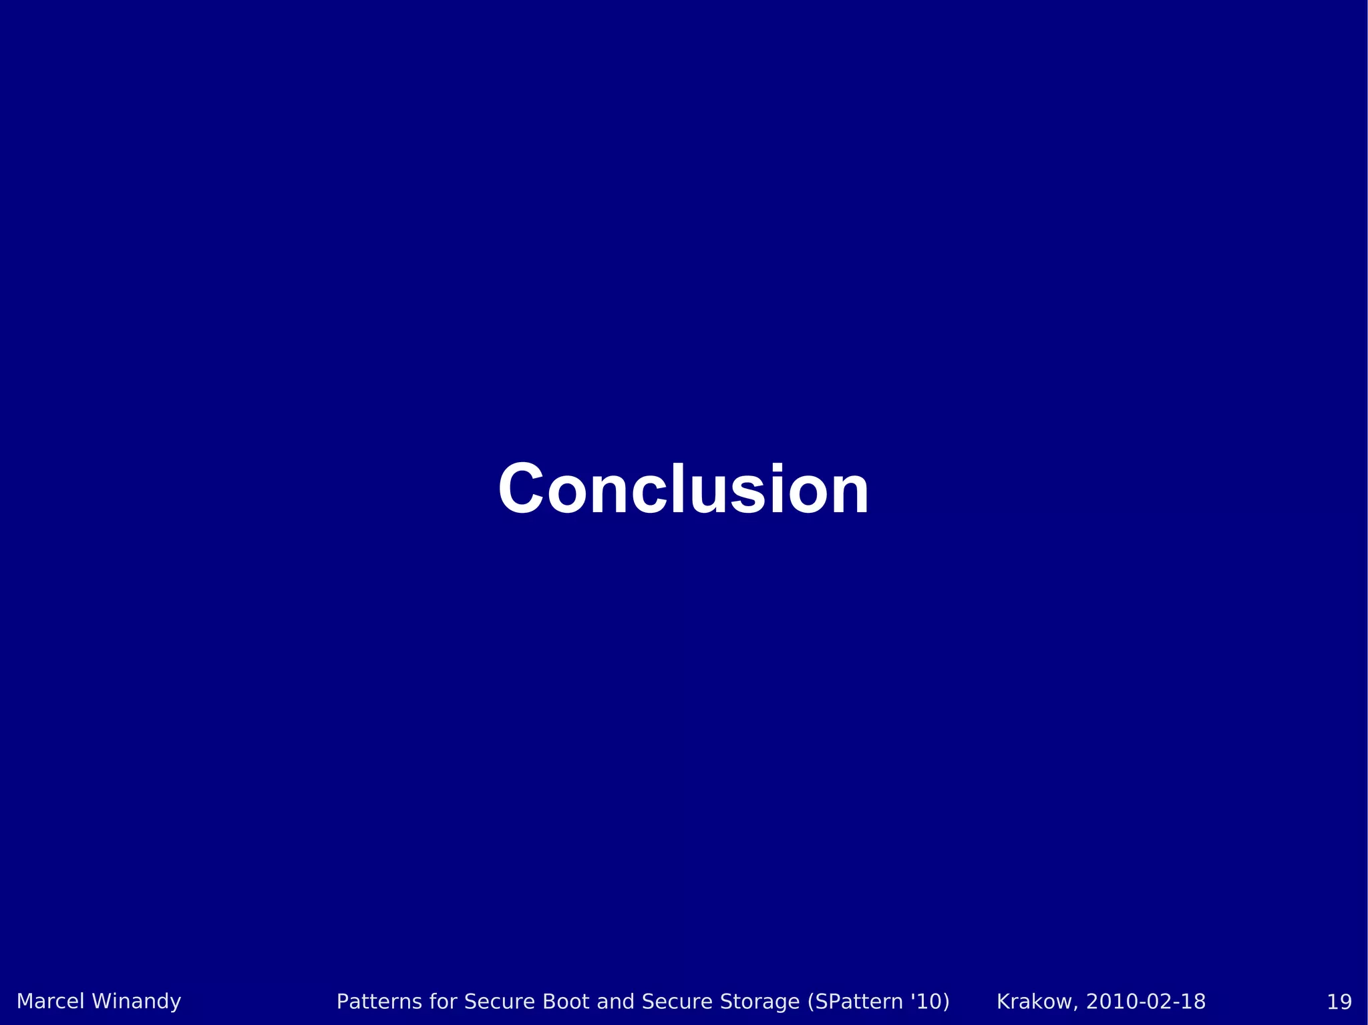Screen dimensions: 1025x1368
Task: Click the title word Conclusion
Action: [x=683, y=489]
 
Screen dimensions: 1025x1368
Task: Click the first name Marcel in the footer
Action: [x=50, y=1002]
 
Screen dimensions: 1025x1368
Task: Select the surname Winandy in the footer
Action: [x=136, y=1002]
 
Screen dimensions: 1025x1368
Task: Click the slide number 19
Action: [x=1339, y=1002]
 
